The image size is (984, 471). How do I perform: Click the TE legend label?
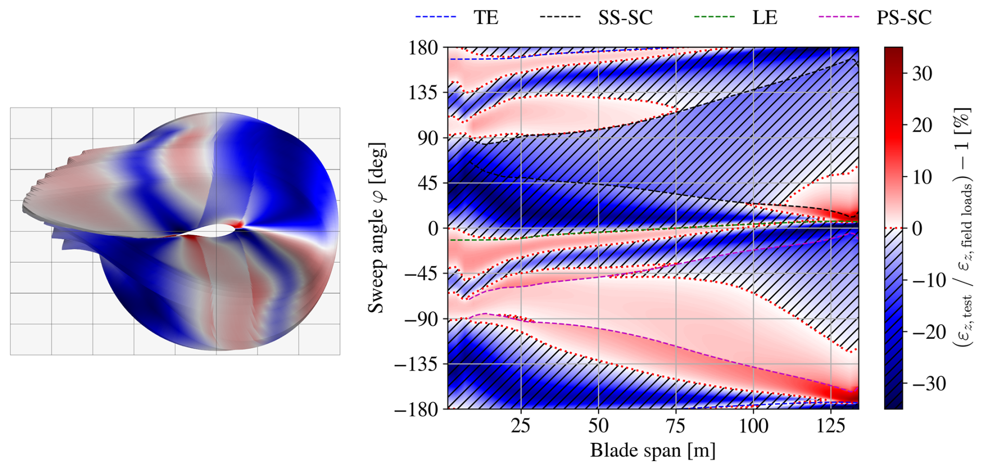tap(486, 18)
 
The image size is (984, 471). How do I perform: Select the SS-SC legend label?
tap(625, 18)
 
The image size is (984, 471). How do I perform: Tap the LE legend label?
tap(765, 18)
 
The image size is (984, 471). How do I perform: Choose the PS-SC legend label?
tap(904, 18)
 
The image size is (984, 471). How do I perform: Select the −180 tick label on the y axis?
tap(417, 410)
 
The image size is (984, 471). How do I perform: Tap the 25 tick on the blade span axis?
tap(521, 426)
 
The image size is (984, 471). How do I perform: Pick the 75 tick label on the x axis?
tap(676, 426)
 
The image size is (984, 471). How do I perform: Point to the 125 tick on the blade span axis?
tap(831, 426)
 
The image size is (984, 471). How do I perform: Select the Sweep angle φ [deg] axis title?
tap(377, 228)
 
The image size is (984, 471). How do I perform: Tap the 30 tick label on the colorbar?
tap(922, 74)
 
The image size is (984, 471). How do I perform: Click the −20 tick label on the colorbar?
tap(927, 332)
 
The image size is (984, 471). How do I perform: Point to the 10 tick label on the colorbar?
tap(922, 177)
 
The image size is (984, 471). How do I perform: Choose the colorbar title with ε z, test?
tap(963, 228)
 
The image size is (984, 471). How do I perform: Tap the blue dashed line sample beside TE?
tap(436, 17)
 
